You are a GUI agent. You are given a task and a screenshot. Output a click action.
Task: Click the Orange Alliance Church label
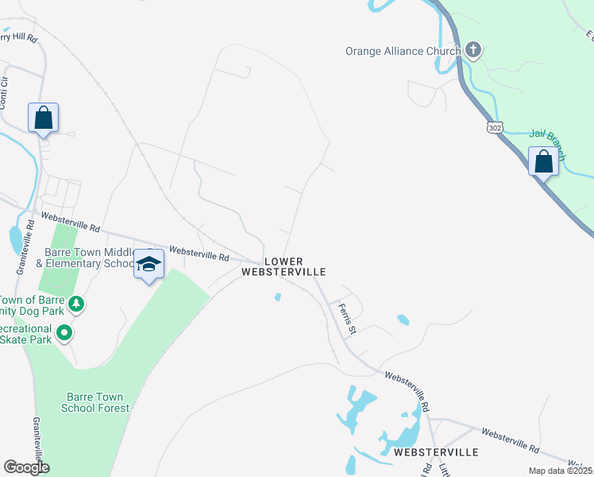click(403, 52)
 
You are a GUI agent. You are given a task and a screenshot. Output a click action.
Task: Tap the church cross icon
click(472, 52)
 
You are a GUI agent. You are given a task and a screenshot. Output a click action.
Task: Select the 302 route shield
click(495, 126)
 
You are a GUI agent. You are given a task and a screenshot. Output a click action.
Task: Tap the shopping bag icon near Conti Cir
click(43, 118)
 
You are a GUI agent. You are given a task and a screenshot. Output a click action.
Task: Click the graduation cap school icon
click(148, 264)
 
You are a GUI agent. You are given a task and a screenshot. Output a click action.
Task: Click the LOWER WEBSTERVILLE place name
click(284, 266)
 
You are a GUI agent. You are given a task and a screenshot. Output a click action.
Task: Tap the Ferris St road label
click(346, 318)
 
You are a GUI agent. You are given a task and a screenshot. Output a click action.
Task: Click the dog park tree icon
click(76, 303)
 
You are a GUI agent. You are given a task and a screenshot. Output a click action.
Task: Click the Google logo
click(26, 467)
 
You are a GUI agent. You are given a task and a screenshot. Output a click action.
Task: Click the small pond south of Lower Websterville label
click(276, 297)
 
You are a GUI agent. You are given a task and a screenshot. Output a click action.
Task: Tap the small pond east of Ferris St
click(403, 320)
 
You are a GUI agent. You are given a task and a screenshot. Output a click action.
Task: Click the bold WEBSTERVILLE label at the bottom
click(436, 452)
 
